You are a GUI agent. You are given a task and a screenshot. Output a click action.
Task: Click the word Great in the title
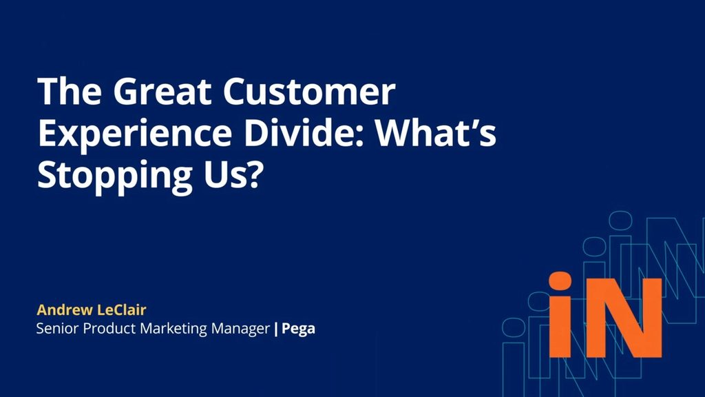pos(165,92)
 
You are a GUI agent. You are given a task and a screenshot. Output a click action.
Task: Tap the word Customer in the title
pos(309,92)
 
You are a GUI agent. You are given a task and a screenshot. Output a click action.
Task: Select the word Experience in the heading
pos(135,134)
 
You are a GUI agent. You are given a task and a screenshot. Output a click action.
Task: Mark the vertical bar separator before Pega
pos(275,329)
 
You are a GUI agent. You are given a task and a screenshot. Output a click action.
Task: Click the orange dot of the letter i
pos(560,281)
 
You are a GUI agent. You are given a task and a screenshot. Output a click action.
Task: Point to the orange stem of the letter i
pos(560,327)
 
